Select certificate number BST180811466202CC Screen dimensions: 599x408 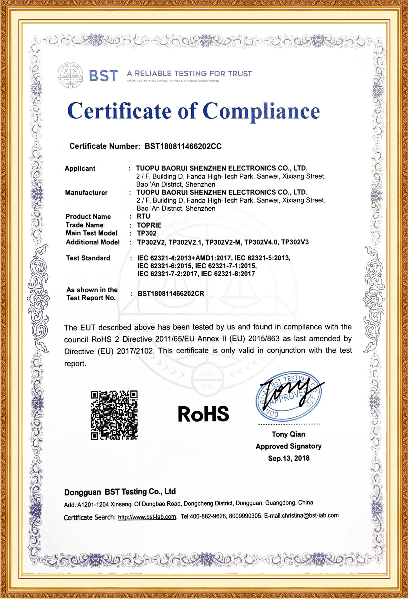[183, 146]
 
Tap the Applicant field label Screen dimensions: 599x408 [80, 169]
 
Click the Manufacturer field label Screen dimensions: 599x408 [86, 192]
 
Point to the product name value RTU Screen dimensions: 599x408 [143, 216]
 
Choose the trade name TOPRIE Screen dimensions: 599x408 [149, 225]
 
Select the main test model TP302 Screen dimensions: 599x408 [147, 233]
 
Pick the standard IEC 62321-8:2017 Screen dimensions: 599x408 [228, 274]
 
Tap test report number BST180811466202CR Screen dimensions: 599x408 [171, 294]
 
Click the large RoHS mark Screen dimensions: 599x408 [203, 414]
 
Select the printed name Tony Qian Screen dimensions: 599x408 [288, 434]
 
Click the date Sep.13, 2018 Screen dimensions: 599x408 [289, 458]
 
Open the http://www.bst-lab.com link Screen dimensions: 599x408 [147, 517]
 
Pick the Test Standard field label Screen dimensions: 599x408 [88, 258]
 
